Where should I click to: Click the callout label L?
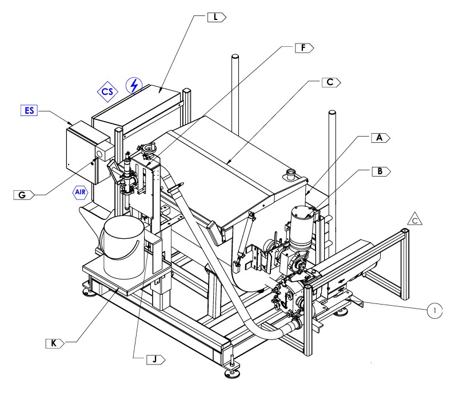[x=216, y=18]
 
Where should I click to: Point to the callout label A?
[x=379, y=138]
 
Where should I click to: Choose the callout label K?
[x=54, y=343]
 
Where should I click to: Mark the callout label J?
[x=154, y=359]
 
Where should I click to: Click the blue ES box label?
[x=29, y=110]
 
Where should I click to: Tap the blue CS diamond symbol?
[x=107, y=91]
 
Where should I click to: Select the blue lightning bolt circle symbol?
[x=134, y=86]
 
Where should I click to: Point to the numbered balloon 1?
[x=435, y=310]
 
